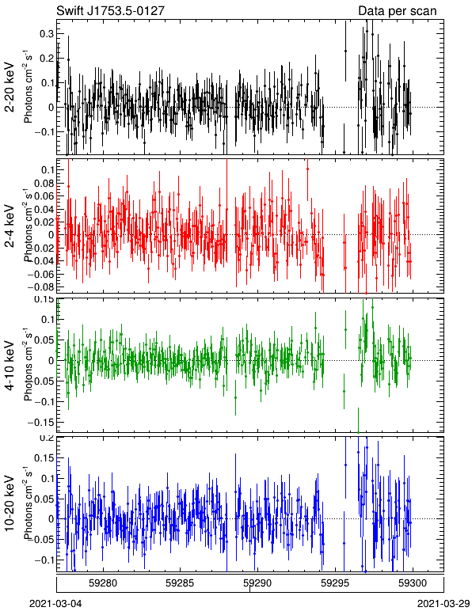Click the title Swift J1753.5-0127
click(x=110, y=10)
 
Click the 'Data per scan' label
click(x=398, y=11)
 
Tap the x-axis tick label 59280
click(x=103, y=583)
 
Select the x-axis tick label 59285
click(x=180, y=583)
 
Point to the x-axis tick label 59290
click(x=257, y=583)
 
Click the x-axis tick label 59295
click(x=335, y=583)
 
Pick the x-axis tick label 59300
click(x=413, y=583)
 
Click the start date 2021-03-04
click(x=55, y=604)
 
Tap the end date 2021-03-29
click(x=443, y=604)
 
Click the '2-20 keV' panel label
click(x=10, y=87)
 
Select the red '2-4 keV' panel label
click(x=10, y=226)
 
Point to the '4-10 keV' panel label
click(x=10, y=366)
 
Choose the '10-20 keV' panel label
click(x=10, y=504)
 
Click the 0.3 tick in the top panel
click(x=47, y=34)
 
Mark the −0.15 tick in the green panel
click(x=41, y=422)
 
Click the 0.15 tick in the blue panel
click(x=44, y=458)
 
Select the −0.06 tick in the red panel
click(x=41, y=275)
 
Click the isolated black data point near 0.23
click(x=345, y=51)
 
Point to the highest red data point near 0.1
click(x=307, y=169)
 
